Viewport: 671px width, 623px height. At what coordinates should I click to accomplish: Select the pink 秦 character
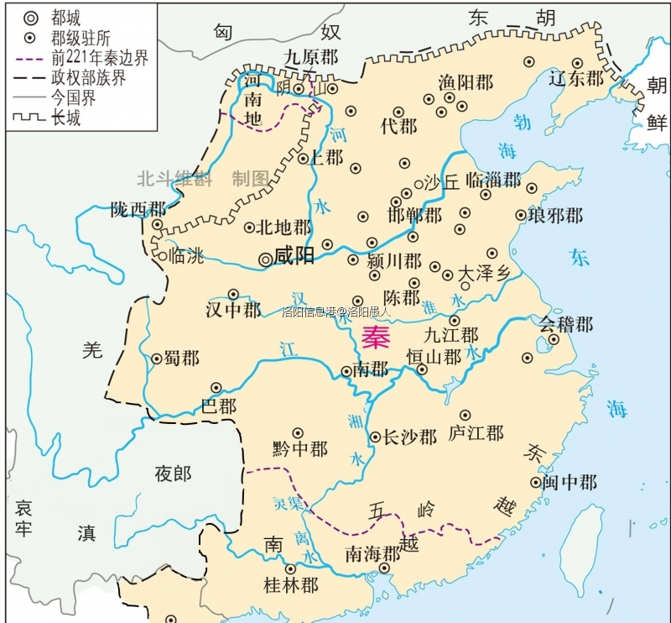coord(376,337)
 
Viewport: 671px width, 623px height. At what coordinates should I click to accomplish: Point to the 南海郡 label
coord(373,555)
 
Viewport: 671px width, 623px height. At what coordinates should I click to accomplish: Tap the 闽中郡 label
coord(570,483)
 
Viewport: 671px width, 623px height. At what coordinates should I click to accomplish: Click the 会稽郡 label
coord(565,323)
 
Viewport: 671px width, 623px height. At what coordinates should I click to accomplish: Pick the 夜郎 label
coord(173,474)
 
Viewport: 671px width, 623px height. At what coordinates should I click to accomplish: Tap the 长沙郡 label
coord(409,437)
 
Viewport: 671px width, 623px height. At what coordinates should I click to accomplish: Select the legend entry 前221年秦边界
coord(99,58)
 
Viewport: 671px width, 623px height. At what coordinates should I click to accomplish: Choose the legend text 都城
coord(67,17)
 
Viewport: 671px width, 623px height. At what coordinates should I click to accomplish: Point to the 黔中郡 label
coord(300,449)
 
